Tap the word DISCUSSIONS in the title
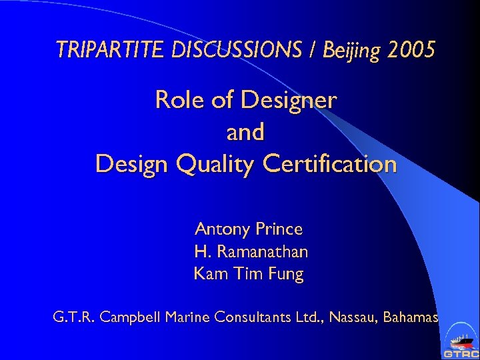pos(217,49)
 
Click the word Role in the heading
pos(177,100)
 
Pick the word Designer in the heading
pos(289,100)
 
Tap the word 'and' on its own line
pos(245,131)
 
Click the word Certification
pos(332,163)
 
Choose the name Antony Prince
pos(248,229)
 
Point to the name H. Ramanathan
pos(251,251)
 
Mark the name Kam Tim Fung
pos(248,273)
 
